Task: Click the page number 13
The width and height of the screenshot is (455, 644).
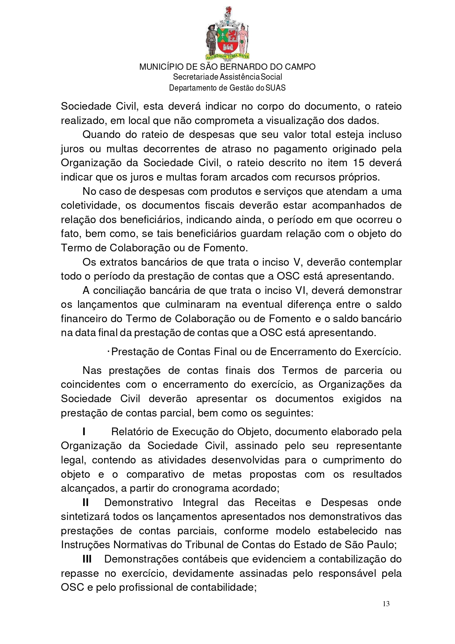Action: (x=386, y=604)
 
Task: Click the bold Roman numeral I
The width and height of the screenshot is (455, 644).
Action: (x=84, y=432)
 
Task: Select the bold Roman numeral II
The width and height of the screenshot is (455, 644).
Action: (x=86, y=502)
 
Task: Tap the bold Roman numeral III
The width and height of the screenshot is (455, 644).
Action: (x=87, y=559)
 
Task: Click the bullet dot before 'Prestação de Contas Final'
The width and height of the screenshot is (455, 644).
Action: (x=109, y=352)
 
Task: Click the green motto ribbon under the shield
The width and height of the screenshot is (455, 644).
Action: (x=227, y=56)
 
